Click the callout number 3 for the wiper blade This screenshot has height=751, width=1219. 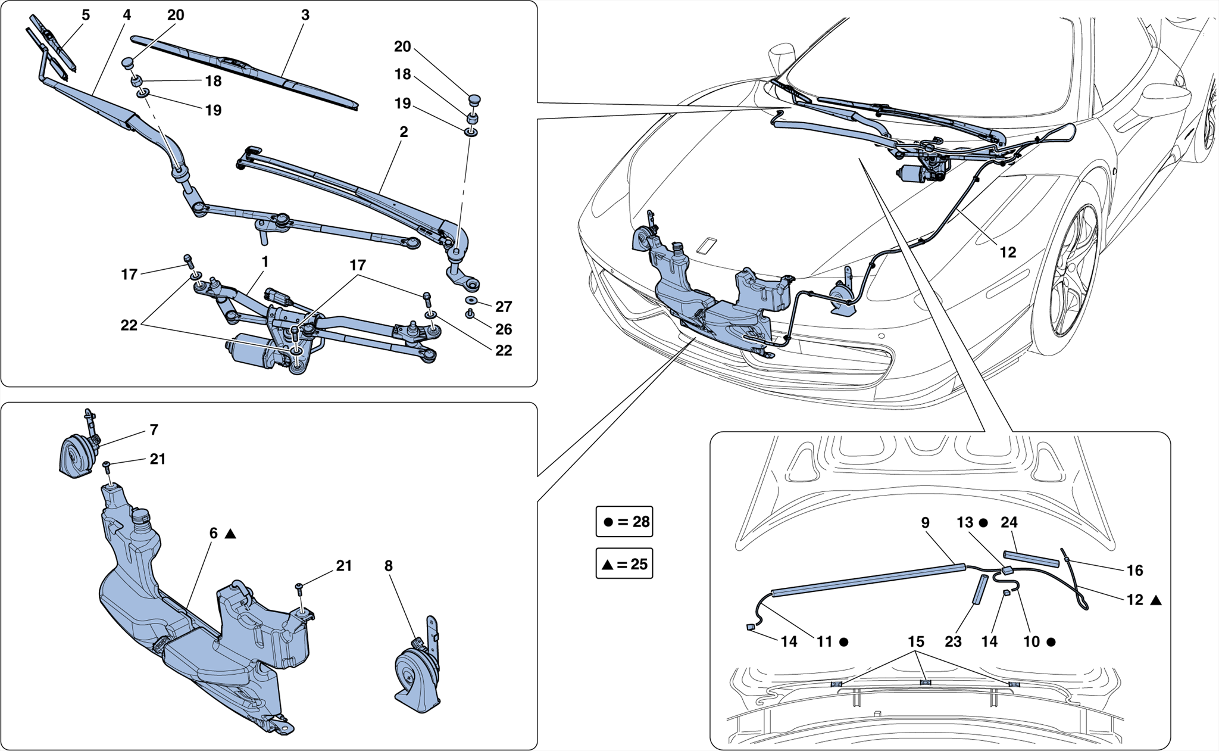tap(305, 15)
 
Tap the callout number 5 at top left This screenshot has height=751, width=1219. tap(86, 15)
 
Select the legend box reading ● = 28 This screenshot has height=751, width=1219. tap(624, 522)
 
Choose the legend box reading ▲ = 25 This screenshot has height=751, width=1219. tap(624, 563)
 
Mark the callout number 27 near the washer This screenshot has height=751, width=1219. tap(504, 307)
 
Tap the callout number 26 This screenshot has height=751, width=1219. tap(504, 329)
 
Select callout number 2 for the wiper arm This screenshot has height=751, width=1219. tap(404, 132)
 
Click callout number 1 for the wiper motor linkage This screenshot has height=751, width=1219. tap(265, 262)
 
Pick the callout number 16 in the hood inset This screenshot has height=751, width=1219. tap(1134, 571)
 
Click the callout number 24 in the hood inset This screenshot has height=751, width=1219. tap(1009, 522)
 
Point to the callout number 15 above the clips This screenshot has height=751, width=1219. tap(916, 641)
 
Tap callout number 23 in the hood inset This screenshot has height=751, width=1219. tap(953, 641)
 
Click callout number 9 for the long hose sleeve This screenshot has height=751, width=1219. tap(925, 522)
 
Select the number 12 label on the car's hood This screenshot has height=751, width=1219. tap(1008, 253)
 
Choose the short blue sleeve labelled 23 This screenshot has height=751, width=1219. tap(980, 590)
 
